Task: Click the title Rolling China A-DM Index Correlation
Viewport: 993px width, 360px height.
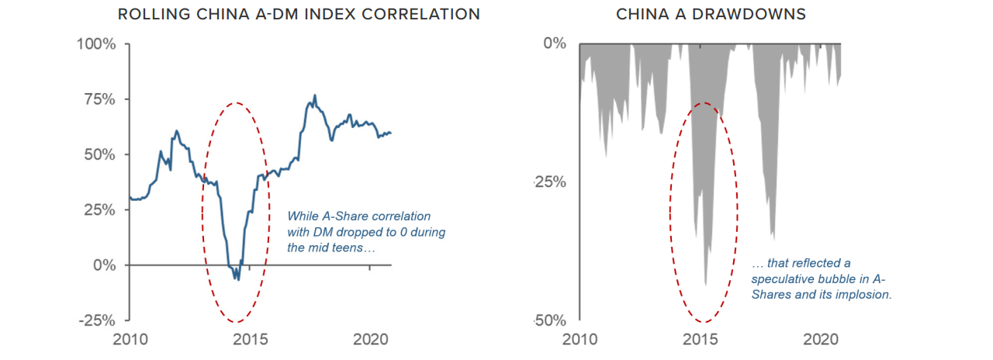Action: (x=299, y=14)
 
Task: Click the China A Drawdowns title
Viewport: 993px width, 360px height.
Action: (x=711, y=14)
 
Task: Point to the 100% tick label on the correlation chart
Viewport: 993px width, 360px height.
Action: (x=96, y=44)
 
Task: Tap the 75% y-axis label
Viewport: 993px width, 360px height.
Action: (x=100, y=99)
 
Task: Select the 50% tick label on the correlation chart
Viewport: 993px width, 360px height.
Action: (x=100, y=154)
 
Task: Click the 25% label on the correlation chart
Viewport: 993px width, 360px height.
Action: (x=100, y=209)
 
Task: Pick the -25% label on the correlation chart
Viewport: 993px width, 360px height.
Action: (x=97, y=320)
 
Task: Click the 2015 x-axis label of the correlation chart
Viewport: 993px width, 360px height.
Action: (x=250, y=340)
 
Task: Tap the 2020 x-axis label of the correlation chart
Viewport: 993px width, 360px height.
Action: (x=371, y=340)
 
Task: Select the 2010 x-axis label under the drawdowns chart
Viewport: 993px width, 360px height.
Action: (x=580, y=340)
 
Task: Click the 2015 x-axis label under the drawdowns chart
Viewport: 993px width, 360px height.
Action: (x=700, y=340)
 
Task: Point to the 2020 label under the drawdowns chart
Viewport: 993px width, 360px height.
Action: (x=821, y=340)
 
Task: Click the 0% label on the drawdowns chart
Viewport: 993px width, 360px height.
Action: (x=555, y=43)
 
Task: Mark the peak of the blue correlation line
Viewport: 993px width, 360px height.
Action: (x=315, y=95)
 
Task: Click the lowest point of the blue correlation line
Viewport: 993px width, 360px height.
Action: (x=238, y=280)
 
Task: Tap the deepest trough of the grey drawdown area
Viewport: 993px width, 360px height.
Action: (x=705, y=285)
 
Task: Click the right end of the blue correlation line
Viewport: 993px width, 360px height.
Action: (x=391, y=133)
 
